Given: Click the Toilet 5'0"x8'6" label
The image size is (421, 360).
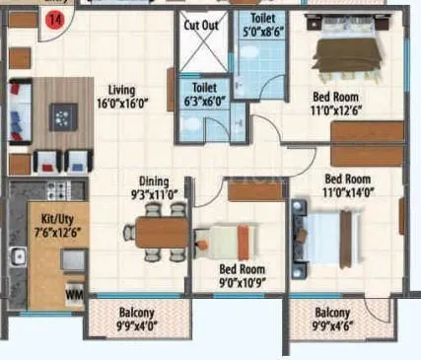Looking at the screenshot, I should tap(262, 25).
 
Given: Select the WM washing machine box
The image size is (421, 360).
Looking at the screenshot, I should tap(73, 292).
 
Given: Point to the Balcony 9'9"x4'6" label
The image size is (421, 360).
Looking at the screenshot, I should tap(334, 323).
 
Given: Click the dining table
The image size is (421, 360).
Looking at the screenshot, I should tap(158, 232).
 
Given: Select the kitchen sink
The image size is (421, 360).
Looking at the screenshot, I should tap(18, 258).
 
